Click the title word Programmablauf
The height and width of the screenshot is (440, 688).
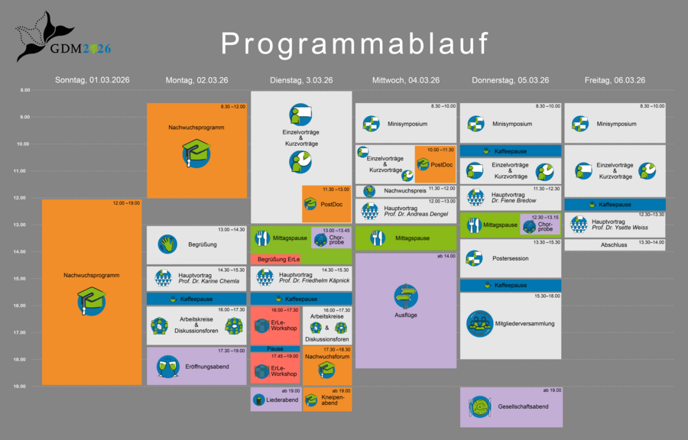[355, 44]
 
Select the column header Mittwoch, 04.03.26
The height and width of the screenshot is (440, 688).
[406, 80]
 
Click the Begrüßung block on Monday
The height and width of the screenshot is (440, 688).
[196, 245]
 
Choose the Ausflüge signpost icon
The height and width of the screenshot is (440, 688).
[406, 296]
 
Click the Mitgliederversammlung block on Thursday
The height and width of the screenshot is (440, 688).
[510, 324]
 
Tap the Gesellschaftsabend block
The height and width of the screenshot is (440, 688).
[511, 406]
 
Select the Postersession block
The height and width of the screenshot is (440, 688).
[510, 258]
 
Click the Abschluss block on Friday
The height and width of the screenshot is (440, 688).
[614, 245]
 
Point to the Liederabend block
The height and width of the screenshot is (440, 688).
[275, 400]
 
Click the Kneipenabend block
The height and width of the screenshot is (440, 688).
[327, 400]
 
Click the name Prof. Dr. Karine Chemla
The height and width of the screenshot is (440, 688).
[209, 281]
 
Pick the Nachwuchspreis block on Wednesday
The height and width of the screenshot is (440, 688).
[405, 190]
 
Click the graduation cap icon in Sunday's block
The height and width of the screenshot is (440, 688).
[91, 300]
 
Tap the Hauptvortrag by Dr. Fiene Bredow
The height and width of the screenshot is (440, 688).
[511, 197]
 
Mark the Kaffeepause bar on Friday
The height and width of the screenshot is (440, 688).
[615, 205]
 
